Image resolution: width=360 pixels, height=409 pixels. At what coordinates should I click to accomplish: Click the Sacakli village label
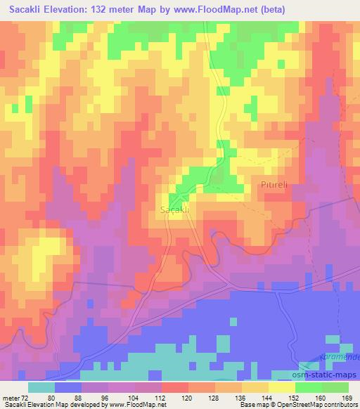pos(174,210)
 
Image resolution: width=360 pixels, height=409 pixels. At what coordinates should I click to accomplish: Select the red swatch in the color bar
pos(173,387)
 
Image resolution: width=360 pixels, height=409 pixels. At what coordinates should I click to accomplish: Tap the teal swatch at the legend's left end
pos(41,387)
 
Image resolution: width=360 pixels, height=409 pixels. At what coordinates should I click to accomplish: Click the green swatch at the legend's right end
pos(335,387)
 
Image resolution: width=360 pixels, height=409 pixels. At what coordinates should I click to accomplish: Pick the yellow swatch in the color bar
pos(281,387)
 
